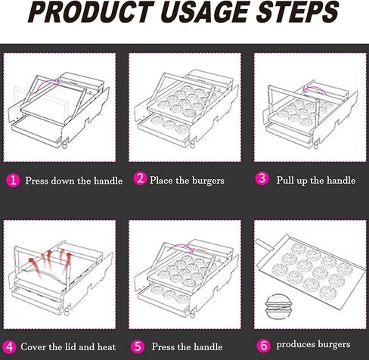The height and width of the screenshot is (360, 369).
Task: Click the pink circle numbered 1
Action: (13, 180)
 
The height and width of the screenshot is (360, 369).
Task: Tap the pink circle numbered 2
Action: (140, 178)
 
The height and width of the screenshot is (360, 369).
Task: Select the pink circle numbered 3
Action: (262, 178)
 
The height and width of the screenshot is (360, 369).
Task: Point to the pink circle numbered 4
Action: (9, 347)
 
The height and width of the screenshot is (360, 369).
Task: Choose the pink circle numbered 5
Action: (138, 346)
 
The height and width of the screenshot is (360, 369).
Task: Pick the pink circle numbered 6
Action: (263, 345)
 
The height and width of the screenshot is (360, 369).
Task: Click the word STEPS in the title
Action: (297, 12)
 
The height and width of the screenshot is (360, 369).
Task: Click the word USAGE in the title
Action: (205, 12)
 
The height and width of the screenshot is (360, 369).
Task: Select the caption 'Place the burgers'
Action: (187, 181)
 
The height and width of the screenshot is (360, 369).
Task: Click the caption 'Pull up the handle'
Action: (316, 181)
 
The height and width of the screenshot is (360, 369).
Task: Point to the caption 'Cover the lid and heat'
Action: (68, 347)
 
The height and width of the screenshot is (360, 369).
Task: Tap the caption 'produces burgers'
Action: (313, 345)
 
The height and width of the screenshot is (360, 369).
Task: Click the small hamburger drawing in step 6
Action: (279, 306)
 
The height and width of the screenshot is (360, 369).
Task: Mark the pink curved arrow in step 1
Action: (48, 81)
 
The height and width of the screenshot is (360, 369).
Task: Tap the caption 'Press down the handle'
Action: (74, 181)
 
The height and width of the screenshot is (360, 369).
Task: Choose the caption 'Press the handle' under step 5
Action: (187, 347)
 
